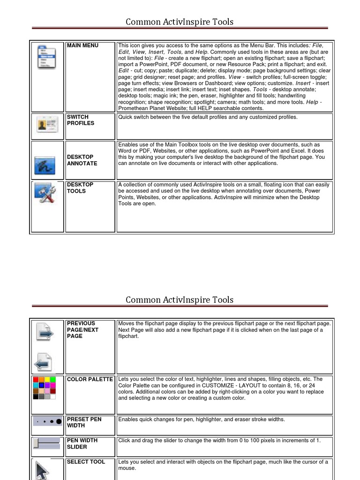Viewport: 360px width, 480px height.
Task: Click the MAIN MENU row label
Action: pyautogui.click(x=82, y=45)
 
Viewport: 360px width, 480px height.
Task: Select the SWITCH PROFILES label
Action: pyautogui.click(x=80, y=120)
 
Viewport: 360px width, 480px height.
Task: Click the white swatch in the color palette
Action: pyautogui.click(x=53, y=397)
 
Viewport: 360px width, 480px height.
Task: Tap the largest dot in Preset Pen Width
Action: pyautogui.click(x=59, y=422)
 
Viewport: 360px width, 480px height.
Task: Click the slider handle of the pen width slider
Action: pyautogui.click(x=36, y=443)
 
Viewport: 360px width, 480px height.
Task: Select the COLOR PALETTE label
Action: pyautogui.click(x=90, y=379)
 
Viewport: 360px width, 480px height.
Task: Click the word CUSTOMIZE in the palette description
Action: pyautogui.click(x=208, y=385)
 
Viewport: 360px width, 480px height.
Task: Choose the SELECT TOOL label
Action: pyautogui.click(x=86, y=462)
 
